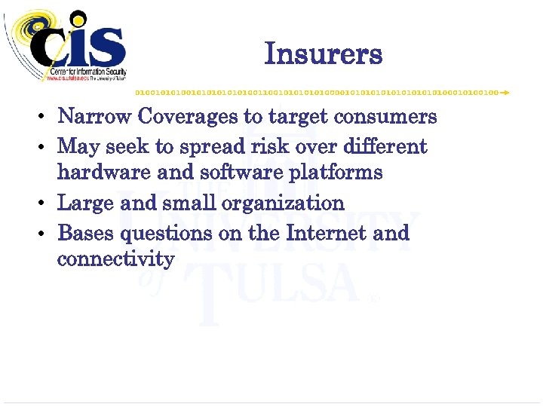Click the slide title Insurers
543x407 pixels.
324,54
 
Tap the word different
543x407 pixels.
387,145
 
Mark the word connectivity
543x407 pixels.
116,260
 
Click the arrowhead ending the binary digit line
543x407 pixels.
505,92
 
